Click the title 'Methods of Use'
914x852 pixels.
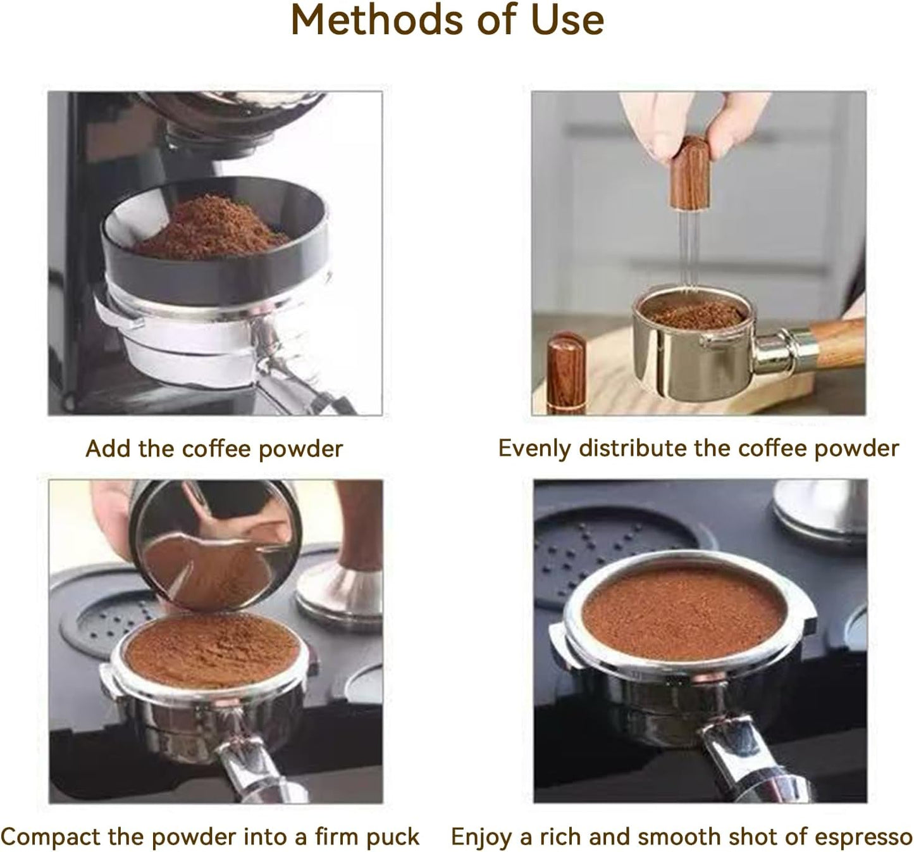pos(447,20)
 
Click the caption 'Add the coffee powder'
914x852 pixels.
pos(214,449)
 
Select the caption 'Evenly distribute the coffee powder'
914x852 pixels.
pos(698,448)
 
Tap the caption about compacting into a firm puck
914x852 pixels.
pos(210,836)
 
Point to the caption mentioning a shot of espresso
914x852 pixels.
pos(681,836)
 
